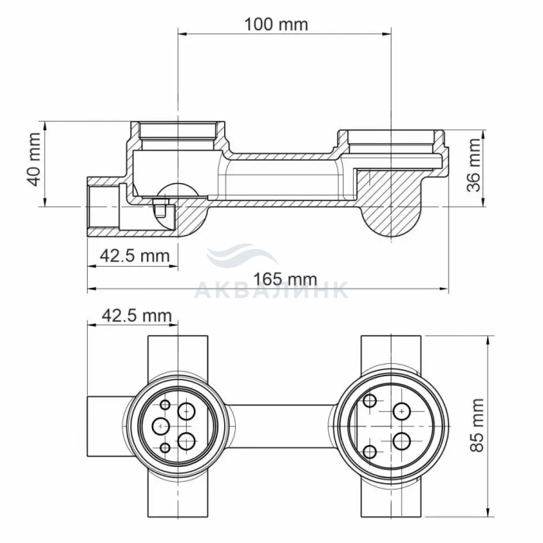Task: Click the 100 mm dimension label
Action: pos(276,25)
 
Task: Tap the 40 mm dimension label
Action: pos(35,160)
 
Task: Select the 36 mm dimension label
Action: pos(474,164)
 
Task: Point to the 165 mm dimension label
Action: pos(285,279)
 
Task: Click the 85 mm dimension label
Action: pos(477,425)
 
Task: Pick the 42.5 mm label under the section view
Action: pos(135,256)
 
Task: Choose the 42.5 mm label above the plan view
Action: pos(137,316)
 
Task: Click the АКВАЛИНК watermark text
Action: pos(271,290)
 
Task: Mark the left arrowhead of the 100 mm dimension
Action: pos(182,34)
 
